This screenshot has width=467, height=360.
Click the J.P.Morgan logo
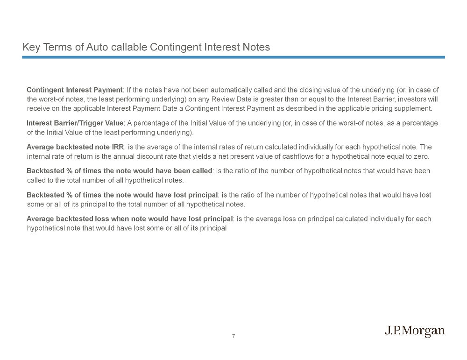[x=415, y=332]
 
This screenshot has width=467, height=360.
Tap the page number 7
[x=233, y=336]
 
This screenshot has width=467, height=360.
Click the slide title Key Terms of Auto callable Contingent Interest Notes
[x=146, y=47]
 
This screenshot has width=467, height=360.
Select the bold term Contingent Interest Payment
[x=74, y=90]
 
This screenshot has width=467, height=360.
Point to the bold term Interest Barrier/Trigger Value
[x=75, y=123]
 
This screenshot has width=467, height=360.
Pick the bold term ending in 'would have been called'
[x=120, y=171]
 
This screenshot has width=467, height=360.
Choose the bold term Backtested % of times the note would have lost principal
[x=122, y=195]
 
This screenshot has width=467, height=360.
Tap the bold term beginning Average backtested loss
[x=130, y=219]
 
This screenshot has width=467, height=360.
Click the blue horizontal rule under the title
[x=233, y=57]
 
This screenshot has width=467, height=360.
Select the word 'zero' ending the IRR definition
[x=420, y=156]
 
